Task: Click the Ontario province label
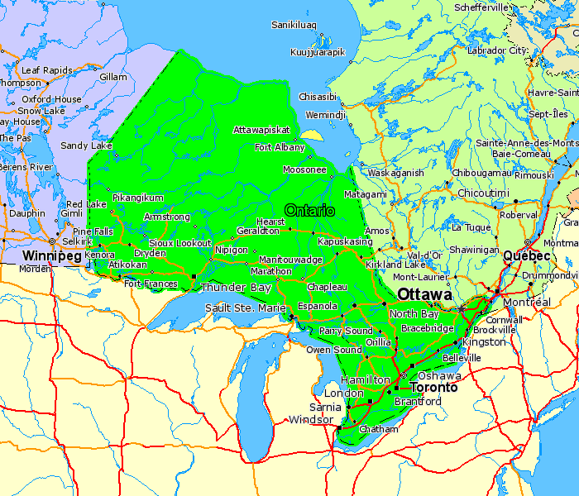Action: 309,211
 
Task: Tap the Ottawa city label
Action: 424,295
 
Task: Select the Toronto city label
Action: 434,387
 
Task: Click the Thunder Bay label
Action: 236,288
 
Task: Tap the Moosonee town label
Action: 304,169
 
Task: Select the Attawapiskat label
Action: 261,130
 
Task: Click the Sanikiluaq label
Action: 294,25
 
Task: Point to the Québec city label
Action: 527,256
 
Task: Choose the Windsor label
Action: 309,420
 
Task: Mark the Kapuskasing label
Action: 346,241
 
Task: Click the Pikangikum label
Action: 137,198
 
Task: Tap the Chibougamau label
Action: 481,173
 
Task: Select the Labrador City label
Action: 497,50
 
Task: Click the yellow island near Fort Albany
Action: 311,136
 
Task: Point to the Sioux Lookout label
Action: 179,243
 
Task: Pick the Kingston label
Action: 484,341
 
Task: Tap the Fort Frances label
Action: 151,284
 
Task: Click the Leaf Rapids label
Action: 48,70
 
